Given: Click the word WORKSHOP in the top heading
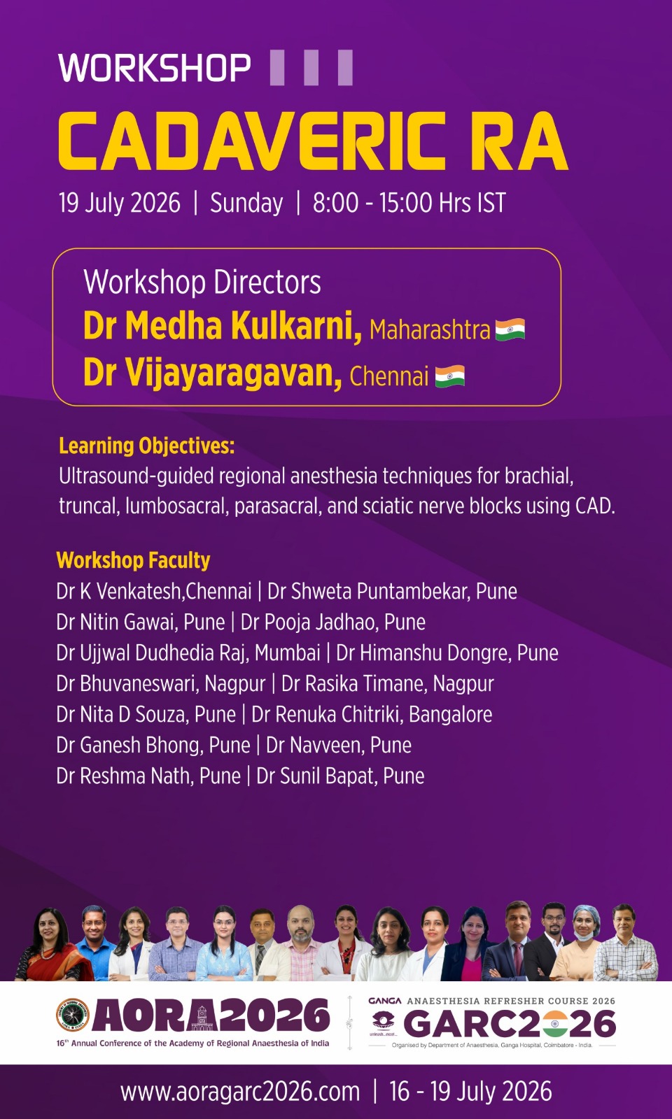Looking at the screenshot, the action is pos(155,67).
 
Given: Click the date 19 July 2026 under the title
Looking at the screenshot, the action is pos(120,203).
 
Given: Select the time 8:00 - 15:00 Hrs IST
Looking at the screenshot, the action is pos(409,203).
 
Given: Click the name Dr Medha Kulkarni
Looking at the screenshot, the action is pos(223,326).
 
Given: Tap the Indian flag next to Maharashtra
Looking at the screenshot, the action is pos(510,329).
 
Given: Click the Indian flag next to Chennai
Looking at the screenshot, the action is pos(450,376).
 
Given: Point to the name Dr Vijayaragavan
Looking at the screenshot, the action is pos(213,373).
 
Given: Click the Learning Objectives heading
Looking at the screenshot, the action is pos(146,446).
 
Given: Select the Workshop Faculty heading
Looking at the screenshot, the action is pos(133,560).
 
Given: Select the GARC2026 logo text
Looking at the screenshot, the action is pos(510,1024).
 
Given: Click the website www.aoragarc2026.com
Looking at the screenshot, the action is pos(240,1092).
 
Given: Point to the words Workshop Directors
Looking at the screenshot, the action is pos(202,283).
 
